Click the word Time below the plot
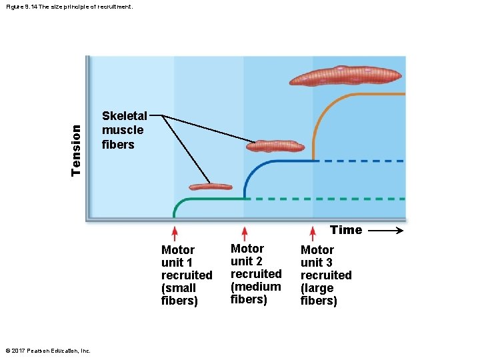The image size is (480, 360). pos(346,230)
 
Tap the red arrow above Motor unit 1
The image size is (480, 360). pos(175,233)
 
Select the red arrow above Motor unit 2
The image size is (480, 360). pos(245,233)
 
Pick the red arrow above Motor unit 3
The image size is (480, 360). pos(313,233)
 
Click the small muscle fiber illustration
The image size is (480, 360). pos(210,187)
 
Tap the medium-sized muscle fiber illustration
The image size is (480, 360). pos(275,145)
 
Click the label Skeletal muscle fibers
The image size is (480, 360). pos(124,130)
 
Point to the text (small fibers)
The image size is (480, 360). pos(179,294)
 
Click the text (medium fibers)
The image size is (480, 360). pos(256,293)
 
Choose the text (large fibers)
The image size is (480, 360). pos(319,294)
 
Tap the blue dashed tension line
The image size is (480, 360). pos(360,161)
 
